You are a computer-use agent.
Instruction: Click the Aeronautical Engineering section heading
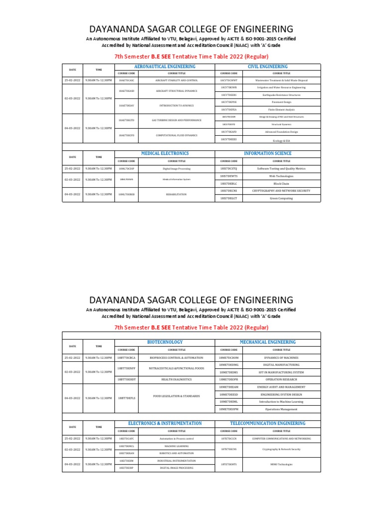165,66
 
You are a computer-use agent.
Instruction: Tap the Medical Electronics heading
165,153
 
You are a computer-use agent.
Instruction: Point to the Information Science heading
267,153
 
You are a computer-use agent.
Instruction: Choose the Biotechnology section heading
165,342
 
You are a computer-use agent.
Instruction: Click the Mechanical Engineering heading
268,342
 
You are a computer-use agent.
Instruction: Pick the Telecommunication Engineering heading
268,423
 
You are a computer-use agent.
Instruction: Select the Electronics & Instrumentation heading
165,423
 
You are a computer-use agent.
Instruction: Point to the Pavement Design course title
273,102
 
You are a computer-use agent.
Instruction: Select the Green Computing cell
273,198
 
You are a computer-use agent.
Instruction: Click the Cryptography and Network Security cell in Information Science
273,191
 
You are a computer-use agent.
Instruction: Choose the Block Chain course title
273,183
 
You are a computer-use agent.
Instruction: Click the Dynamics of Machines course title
273,357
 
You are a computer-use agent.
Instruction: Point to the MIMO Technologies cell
273,464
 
